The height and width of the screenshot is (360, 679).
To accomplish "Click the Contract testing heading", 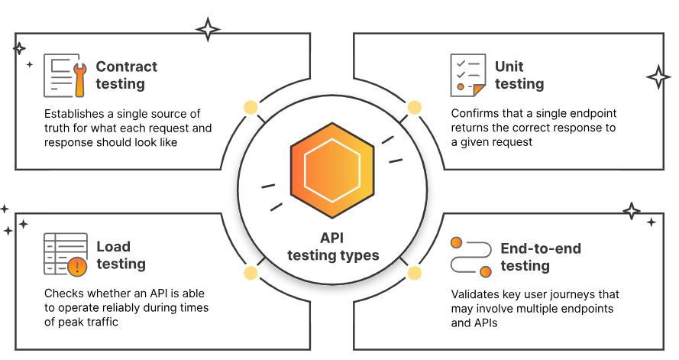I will tap(126, 75).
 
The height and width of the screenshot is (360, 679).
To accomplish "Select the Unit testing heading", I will tap(519, 75).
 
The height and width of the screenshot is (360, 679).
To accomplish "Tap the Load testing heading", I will tap(121, 255).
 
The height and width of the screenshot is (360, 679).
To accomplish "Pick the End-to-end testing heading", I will tap(540, 257).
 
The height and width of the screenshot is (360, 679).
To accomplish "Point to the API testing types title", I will tap(333, 246).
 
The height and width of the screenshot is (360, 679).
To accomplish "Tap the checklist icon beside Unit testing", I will tap(467, 74).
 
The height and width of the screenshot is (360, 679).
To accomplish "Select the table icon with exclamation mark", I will tap(64, 255).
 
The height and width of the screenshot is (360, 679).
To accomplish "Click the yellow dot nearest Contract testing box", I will tap(249, 108).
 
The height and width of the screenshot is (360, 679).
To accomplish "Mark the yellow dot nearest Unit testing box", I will tap(414, 108).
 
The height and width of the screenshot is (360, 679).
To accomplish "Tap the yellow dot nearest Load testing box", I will tap(249, 273).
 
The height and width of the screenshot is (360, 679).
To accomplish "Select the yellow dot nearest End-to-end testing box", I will tap(414, 273).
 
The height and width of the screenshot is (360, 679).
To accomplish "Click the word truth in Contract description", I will tap(58, 128).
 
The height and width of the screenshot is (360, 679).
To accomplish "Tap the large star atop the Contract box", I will tap(207, 29).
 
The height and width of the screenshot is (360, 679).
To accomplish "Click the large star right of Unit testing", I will tap(658, 76).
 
